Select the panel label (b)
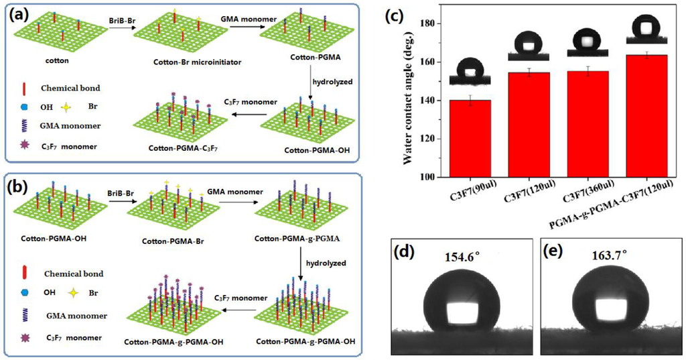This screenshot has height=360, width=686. (19, 183)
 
